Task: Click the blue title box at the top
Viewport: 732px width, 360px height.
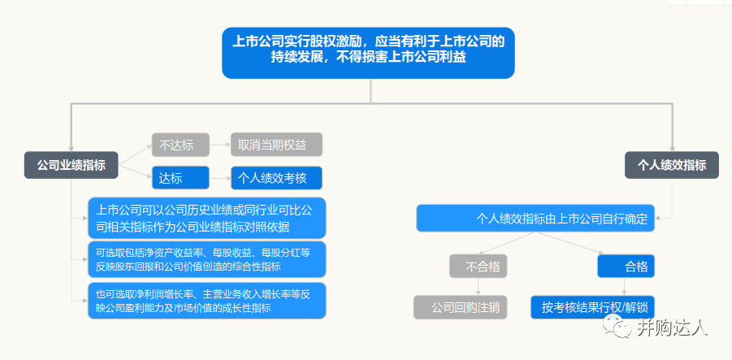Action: [x=368, y=53]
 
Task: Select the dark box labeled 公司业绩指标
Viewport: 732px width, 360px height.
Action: [x=71, y=165]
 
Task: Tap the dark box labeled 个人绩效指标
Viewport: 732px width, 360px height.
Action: [x=672, y=165]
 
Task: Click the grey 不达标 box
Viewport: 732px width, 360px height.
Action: [x=180, y=145]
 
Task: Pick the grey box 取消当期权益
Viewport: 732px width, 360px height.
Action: [x=277, y=145]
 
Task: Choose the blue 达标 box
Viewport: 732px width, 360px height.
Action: [x=180, y=178]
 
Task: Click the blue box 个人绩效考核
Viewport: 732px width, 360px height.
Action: [x=277, y=178]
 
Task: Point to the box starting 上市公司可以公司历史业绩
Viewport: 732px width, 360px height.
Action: [x=207, y=218]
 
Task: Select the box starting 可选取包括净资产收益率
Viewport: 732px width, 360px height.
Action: [x=207, y=259]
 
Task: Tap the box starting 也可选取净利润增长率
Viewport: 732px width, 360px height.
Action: [x=207, y=301]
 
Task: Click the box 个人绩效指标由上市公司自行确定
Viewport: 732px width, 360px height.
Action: [x=535, y=218]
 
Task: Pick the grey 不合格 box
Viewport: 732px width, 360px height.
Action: [x=478, y=267]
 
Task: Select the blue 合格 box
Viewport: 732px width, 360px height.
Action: [x=626, y=267]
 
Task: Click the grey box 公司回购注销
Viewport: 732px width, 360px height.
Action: [x=461, y=307]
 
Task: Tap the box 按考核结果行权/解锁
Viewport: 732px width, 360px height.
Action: [x=593, y=307]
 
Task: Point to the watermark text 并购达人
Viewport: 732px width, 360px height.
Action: [x=672, y=327]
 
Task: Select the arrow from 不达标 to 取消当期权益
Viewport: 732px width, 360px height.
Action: [x=220, y=145]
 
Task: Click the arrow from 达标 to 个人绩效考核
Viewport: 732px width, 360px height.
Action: [x=220, y=178]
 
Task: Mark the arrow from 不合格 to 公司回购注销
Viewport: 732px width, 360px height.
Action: [x=478, y=287]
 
